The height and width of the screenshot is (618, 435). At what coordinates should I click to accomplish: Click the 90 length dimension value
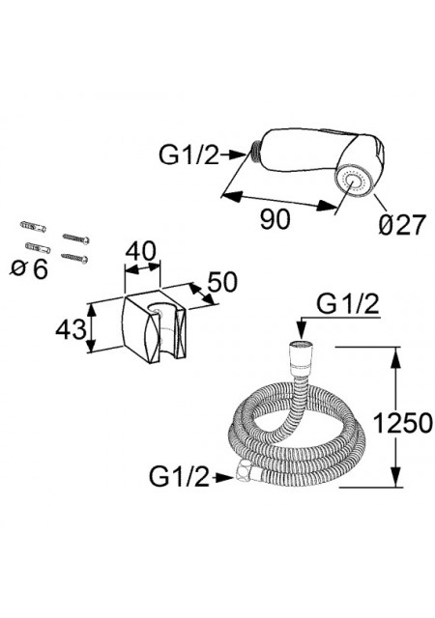click(x=275, y=219)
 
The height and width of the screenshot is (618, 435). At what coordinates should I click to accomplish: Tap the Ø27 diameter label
click(x=402, y=225)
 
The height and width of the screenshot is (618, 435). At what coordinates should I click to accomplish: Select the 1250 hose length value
click(x=403, y=423)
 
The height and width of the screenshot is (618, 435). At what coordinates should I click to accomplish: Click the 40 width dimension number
click(x=140, y=250)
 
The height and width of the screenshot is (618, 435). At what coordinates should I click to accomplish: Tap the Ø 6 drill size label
click(x=30, y=268)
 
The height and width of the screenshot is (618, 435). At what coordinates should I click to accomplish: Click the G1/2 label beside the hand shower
click(x=188, y=154)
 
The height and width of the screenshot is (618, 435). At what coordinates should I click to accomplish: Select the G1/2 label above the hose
click(x=348, y=304)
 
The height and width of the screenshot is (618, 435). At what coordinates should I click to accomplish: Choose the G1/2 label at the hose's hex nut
click(x=179, y=477)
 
